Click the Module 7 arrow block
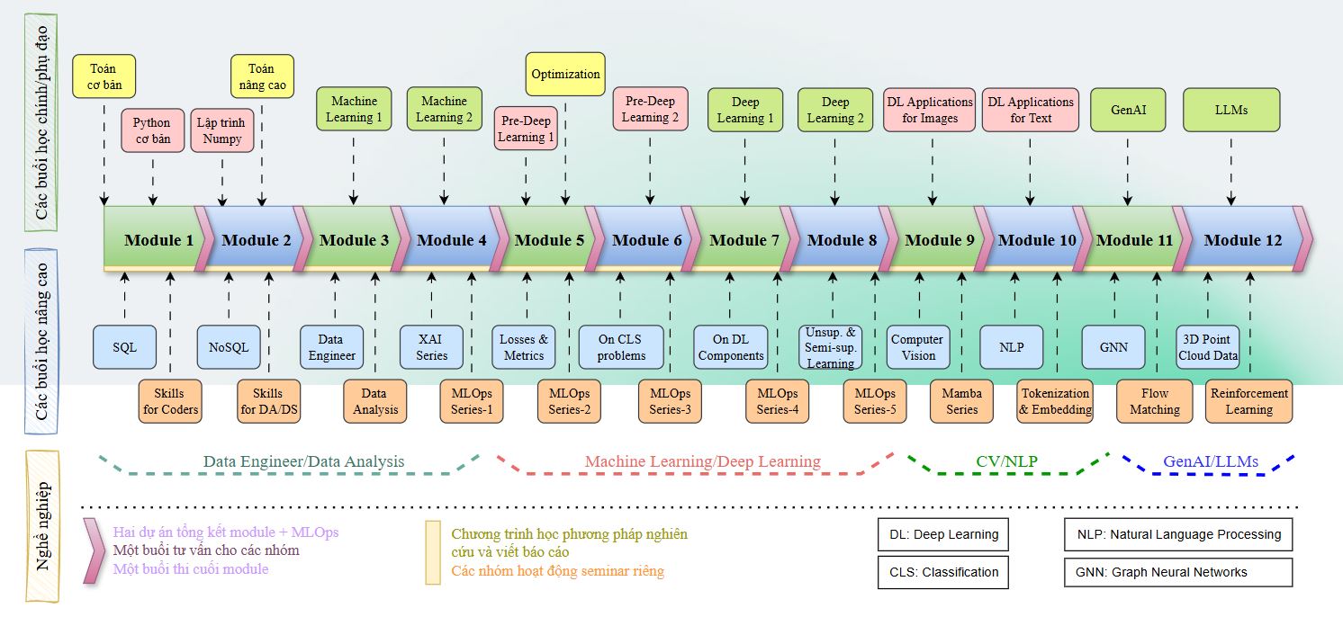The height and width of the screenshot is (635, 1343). (x=744, y=239)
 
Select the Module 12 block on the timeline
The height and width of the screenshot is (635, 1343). (x=1243, y=239)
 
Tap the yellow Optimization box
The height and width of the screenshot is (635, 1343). (x=565, y=74)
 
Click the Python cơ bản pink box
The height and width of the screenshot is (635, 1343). (x=151, y=130)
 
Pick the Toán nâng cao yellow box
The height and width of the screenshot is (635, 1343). (x=261, y=76)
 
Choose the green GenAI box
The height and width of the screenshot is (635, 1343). (x=1127, y=110)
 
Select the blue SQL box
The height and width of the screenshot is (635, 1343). (x=125, y=347)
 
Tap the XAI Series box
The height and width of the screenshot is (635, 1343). (x=431, y=347)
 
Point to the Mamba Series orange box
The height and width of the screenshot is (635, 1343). (x=961, y=401)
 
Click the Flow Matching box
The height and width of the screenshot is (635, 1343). (x=1154, y=401)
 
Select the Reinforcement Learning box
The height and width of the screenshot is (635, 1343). (x=1248, y=401)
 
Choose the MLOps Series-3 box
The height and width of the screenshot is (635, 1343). (x=670, y=401)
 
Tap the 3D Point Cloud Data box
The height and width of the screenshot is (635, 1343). (x=1208, y=347)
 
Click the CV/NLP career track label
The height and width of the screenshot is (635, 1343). (x=1006, y=461)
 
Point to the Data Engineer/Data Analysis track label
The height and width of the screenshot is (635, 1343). (x=303, y=461)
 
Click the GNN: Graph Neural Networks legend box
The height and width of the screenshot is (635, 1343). (x=1178, y=572)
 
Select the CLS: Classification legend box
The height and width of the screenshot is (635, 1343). (x=942, y=572)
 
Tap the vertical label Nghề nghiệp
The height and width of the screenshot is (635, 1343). (x=41, y=526)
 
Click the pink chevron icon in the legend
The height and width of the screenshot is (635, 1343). (x=91, y=550)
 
